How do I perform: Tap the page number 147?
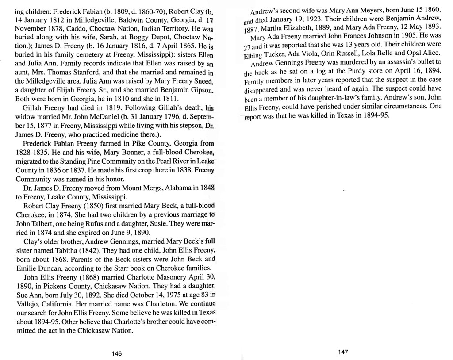[x=342, y=352]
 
